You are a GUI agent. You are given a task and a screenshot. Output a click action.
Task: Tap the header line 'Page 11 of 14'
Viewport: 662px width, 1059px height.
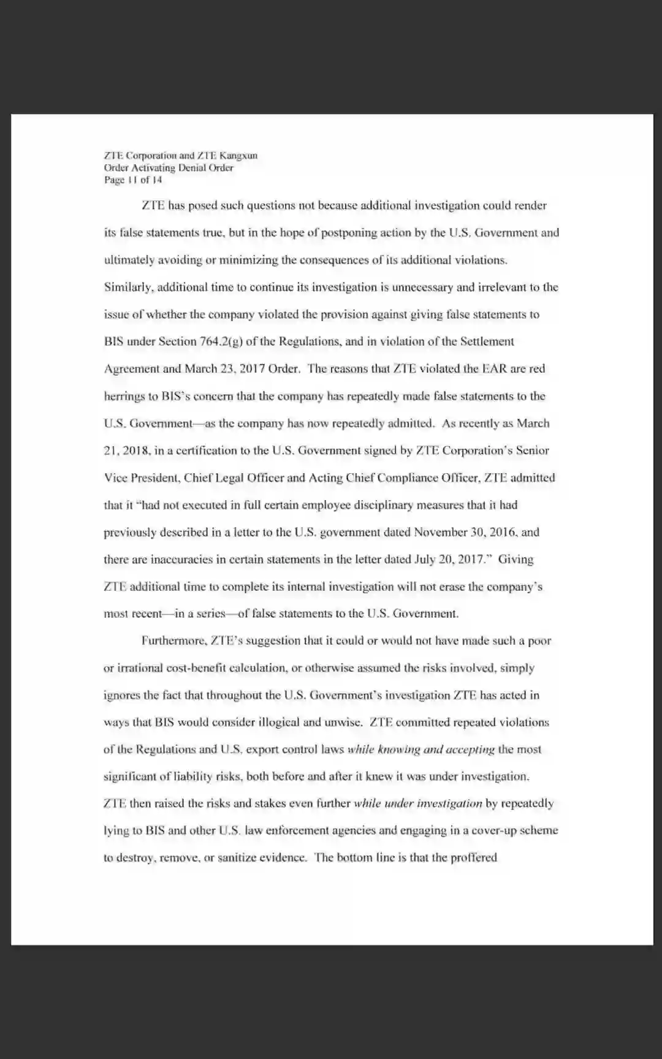pos(133,180)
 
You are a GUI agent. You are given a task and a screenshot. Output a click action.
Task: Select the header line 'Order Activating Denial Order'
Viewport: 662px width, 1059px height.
pos(169,167)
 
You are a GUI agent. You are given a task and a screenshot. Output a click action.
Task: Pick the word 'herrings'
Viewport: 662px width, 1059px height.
pos(123,396)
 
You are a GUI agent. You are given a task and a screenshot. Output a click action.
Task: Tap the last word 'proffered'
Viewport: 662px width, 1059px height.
pos(474,857)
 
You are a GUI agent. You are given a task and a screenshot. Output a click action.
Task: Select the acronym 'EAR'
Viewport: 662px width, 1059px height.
pos(494,368)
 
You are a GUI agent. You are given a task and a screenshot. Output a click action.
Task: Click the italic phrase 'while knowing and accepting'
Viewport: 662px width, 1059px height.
pos(420,749)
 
